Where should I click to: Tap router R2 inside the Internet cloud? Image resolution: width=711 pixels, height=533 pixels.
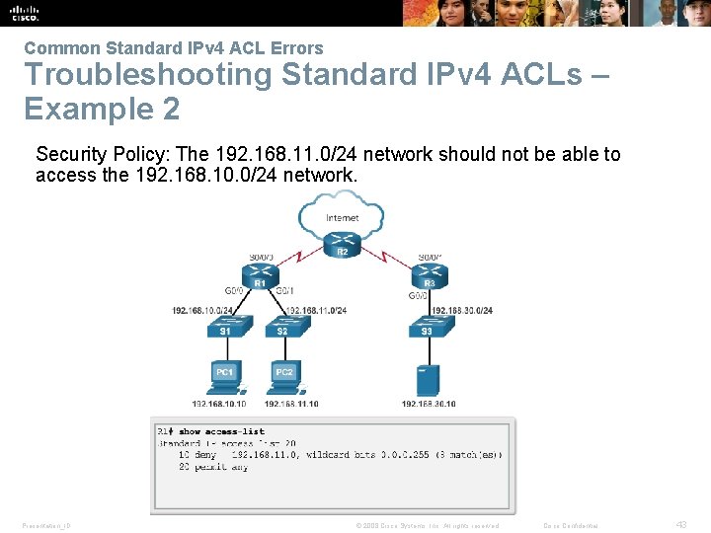click(x=342, y=240)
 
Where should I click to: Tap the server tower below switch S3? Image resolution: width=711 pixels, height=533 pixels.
click(x=427, y=378)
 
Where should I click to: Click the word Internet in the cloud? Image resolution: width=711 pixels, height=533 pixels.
click(x=342, y=217)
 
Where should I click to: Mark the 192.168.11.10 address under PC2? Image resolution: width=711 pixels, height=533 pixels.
click(x=291, y=404)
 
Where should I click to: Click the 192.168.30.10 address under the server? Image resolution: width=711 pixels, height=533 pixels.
click(x=429, y=404)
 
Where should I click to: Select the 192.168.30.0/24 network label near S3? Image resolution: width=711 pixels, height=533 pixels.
click(x=461, y=311)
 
